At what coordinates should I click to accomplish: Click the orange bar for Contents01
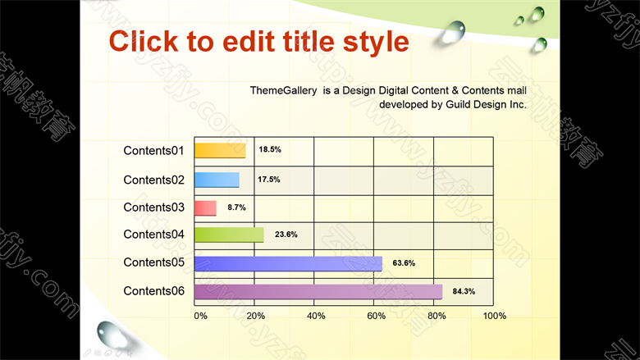(x=220, y=150)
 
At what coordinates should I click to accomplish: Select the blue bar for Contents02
(x=217, y=180)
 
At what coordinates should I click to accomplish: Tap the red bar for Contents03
(x=205, y=208)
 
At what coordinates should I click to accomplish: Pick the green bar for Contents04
(x=229, y=235)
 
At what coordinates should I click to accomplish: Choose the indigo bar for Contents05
(x=288, y=264)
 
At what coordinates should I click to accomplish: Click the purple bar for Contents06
(x=318, y=292)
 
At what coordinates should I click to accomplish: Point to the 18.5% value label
(x=270, y=149)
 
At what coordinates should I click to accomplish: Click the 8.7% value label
(x=237, y=207)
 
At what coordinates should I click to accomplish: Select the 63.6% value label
(x=404, y=263)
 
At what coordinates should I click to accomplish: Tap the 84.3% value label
(x=464, y=291)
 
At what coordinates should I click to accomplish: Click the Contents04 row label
(x=154, y=235)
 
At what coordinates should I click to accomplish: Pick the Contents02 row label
(x=154, y=180)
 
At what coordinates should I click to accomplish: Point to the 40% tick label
(x=316, y=316)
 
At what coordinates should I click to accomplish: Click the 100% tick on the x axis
(x=494, y=316)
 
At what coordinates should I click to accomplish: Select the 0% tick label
(x=201, y=316)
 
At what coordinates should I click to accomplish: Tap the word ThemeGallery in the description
(x=283, y=90)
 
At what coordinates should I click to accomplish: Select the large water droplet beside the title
(x=453, y=32)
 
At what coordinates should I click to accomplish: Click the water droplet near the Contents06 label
(x=113, y=335)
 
